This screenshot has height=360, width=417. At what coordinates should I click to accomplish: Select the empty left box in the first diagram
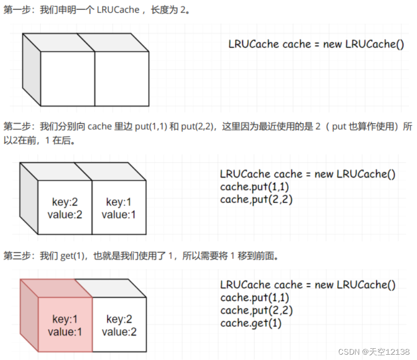click(x=67, y=78)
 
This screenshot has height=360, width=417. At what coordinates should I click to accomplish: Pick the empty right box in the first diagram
click(x=122, y=78)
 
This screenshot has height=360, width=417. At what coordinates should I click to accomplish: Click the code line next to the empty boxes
click(x=316, y=44)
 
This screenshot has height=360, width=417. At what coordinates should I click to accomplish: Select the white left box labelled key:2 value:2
click(x=65, y=208)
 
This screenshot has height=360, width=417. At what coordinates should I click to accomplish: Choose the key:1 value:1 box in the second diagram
click(x=119, y=208)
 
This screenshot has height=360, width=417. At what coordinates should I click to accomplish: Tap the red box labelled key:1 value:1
click(x=65, y=325)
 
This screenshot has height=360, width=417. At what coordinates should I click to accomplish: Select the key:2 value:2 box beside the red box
click(x=119, y=325)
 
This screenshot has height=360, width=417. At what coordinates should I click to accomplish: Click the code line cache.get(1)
click(x=251, y=323)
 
